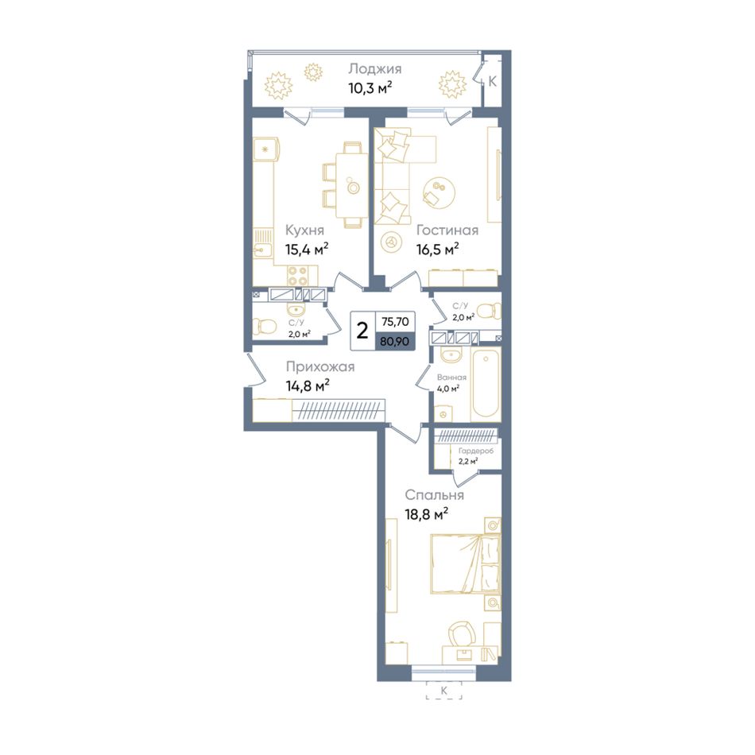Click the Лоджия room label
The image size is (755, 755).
(x=374, y=69)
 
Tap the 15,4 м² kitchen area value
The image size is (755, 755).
(x=307, y=250)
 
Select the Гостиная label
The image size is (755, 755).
(x=447, y=230)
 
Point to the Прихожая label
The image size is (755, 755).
(x=320, y=367)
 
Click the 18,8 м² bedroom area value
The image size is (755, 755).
(x=427, y=514)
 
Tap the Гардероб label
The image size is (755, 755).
(x=476, y=451)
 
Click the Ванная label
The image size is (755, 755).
(x=451, y=377)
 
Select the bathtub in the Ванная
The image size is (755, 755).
(x=486, y=384)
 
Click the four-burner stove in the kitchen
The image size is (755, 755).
(x=297, y=276)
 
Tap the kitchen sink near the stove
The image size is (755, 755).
(x=262, y=247)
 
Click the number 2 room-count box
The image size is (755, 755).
(x=362, y=331)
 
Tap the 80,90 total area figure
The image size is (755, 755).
(x=395, y=342)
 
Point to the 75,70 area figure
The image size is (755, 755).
(x=395, y=322)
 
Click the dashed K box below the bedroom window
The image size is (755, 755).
(x=443, y=691)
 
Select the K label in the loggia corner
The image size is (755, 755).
(x=492, y=82)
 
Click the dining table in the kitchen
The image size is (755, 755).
(x=353, y=185)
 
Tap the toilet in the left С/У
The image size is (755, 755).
(x=262, y=327)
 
